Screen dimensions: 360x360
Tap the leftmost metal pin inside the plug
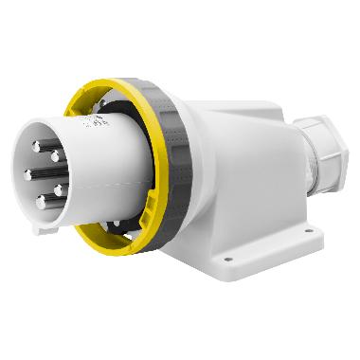(28, 174)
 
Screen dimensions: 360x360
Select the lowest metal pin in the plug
(40, 202)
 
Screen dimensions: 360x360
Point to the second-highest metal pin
(55, 155)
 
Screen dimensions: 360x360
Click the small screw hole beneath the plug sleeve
(115, 225)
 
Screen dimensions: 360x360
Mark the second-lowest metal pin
(57, 190)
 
